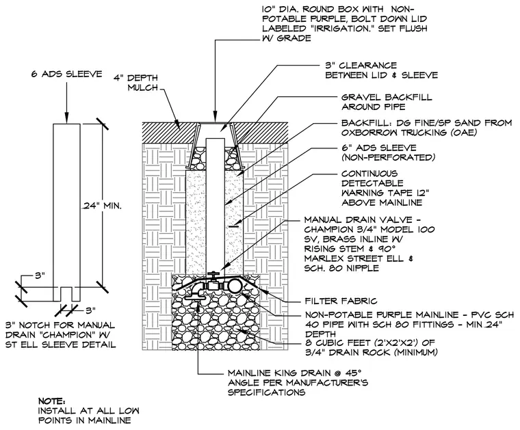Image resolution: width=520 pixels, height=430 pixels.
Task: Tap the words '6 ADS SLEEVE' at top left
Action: [x=66, y=74]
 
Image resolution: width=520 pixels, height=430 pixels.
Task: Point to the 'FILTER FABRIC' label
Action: [x=341, y=301]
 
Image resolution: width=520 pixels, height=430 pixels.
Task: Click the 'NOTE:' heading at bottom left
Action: [x=52, y=401]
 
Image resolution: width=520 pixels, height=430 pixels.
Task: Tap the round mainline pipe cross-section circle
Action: [x=235, y=285]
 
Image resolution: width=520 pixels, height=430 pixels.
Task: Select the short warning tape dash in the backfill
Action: [x=234, y=226]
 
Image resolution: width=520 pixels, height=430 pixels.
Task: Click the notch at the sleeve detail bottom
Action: [x=66, y=294]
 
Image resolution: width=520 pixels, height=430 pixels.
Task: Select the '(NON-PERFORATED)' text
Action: [x=388, y=157]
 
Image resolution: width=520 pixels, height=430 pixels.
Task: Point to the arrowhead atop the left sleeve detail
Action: [x=66, y=118]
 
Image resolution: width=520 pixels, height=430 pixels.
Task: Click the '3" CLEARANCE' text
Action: [x=361, y=66]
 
